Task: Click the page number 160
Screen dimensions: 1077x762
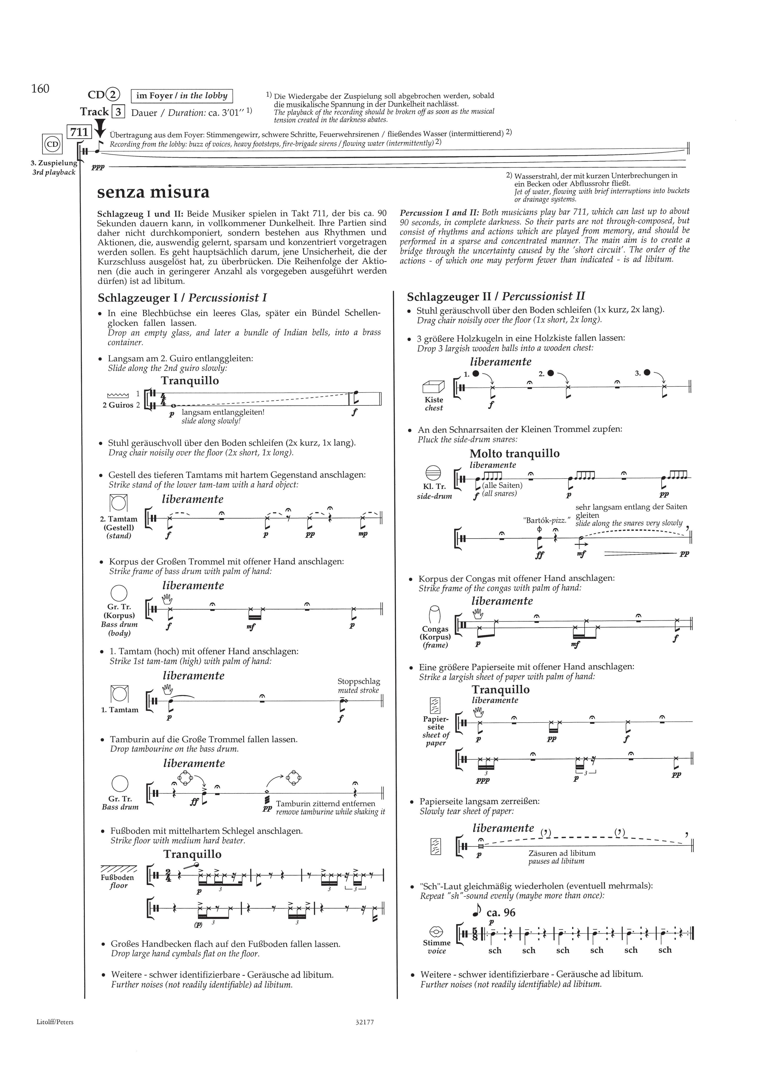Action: click(40, 89)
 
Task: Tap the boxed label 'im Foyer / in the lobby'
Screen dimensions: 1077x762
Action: click(182, 96)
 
